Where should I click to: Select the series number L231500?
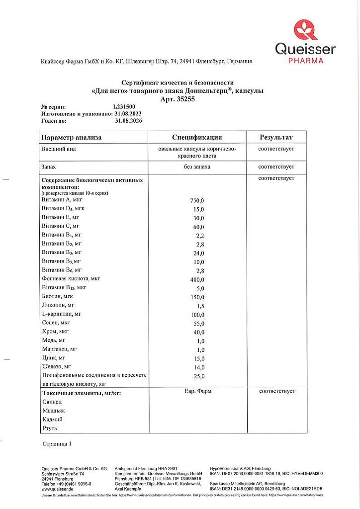pyautogui.click(x=123, y=106)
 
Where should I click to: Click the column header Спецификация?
pyautogui.click(x=197, y=137)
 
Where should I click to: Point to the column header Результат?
pyautogui.click(x=276, y=137)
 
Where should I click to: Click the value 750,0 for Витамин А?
pyautogui.click(x=197, y=201)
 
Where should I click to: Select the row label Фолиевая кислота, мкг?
pyautogui.click(x=71, y=279)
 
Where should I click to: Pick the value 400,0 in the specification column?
pyautogui.click(x=197, y=280)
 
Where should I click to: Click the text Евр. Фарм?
pyautogui.click(x=197, y=391)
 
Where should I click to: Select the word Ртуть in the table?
pyautogui.click(x=50, y=427)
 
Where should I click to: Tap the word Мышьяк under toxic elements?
pyautogui.click(x=54, y=411)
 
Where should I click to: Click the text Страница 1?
pyautogui.click(x=57, y=443)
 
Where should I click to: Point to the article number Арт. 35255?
pyautogui.click(x=178, y=99)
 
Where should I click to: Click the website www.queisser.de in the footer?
pyautogui.click(x=58, y=489)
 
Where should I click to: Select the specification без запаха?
pyautogui.click(x=197, y=167)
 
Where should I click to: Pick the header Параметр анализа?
pyautogui.click(x=72, y=137)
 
